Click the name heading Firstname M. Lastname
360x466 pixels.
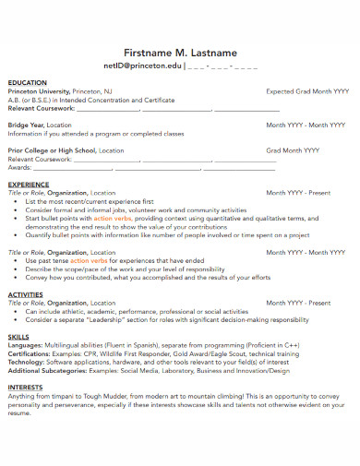[180, 51]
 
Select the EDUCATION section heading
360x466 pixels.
[28, 83]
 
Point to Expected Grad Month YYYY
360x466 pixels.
[307, 92]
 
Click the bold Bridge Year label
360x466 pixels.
[25, 125]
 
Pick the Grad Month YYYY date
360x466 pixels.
[293, 149]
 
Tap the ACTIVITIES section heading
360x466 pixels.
[26, 294]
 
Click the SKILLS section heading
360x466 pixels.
[18, 338]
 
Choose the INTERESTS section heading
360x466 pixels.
[26, 388]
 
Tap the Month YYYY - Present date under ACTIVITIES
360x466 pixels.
[298, 303]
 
